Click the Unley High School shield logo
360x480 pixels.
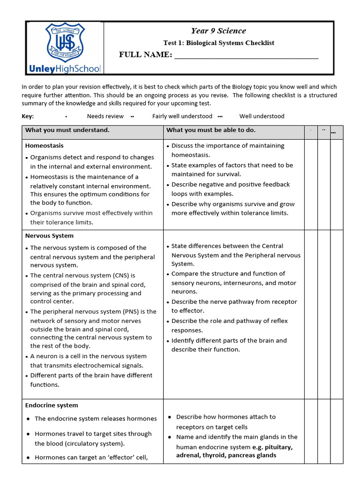click(x=65, y=43)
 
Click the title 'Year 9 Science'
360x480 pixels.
click(x=218, y=31)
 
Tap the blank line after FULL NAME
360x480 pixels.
click(x=246, y=55)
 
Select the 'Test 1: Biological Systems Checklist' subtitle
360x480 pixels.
click(x=218, y=43)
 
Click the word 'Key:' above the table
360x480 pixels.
click(x=28, y=116)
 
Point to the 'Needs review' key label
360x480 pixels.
click(x=105, y=116)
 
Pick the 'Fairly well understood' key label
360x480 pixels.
click(x=182, y=116)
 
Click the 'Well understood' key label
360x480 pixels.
click(x=262, y=116)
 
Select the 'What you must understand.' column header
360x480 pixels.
click(x=67, y=130)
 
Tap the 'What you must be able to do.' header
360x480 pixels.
click(x=211, y=130)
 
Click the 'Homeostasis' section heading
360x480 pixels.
click(x=44, y=146)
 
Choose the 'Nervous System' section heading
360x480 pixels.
click(x=49, y=236)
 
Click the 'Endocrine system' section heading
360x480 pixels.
click(x=52, y=405)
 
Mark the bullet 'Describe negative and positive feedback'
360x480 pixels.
click(x=230, y=184)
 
